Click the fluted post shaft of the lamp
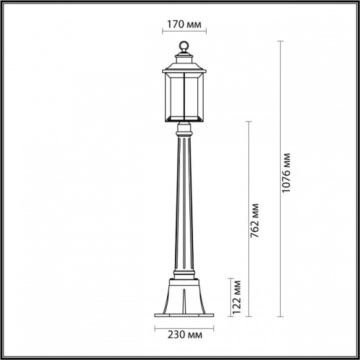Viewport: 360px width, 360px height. [x=182, y=209]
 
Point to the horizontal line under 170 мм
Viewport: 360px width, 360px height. [x=182, y=32]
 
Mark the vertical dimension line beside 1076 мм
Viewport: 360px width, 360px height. [x=279, y=180]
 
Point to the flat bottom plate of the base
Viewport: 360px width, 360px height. [x=182, y=313]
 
